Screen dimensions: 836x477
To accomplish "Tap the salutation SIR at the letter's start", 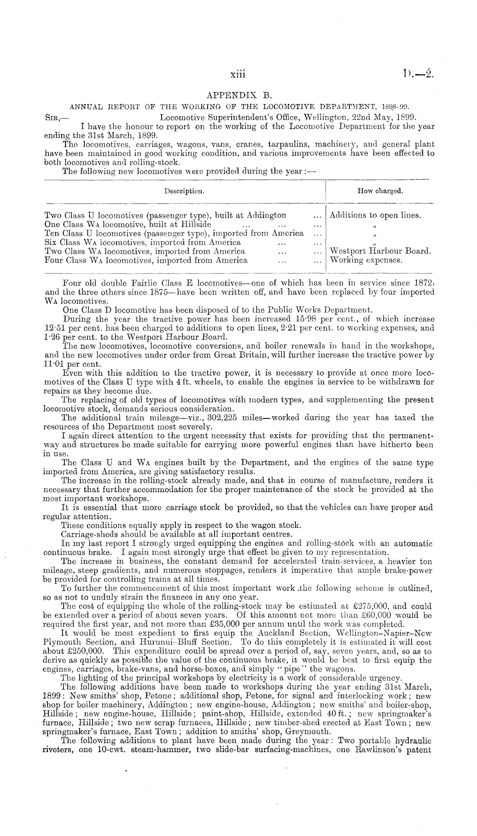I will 54,116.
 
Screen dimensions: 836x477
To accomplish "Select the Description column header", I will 184,191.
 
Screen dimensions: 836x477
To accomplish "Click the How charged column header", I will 380,191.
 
